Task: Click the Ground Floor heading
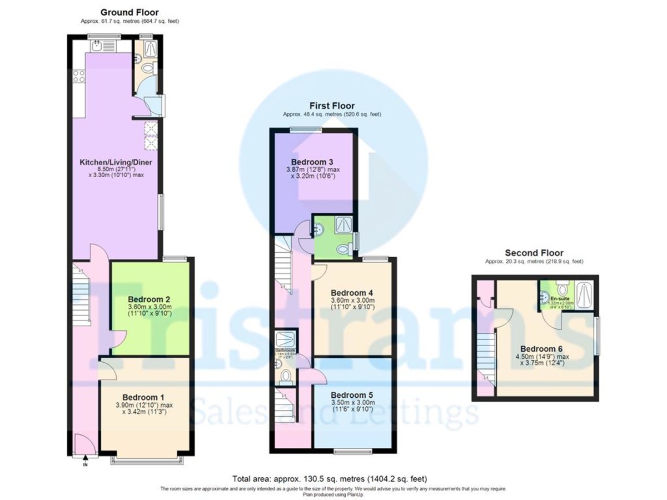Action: pyautogui.click(x=130, y=12)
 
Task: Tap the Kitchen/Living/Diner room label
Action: pyautogui.click(x=116, y=162)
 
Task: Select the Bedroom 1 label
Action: pyautogui.click(x=143, y=397)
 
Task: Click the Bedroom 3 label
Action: pyautogui.click(x=312, y=162)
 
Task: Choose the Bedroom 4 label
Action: pyautogui.click(x=351, y=293)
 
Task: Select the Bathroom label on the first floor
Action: pyautogui.click(x=286, y=351)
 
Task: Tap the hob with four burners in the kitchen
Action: pyautogui.click(x=78, y=76)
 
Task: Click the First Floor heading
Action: pyautogui.click(x=332, y=106)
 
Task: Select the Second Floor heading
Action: pyautogui.click(x=534, y=253)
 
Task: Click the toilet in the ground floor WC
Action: pyautogui.click(x=148, y=68)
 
